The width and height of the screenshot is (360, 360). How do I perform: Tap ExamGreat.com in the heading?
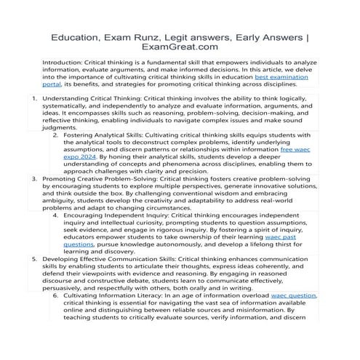click(180, 48)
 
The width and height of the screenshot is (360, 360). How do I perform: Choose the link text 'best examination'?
click(281, 75)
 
